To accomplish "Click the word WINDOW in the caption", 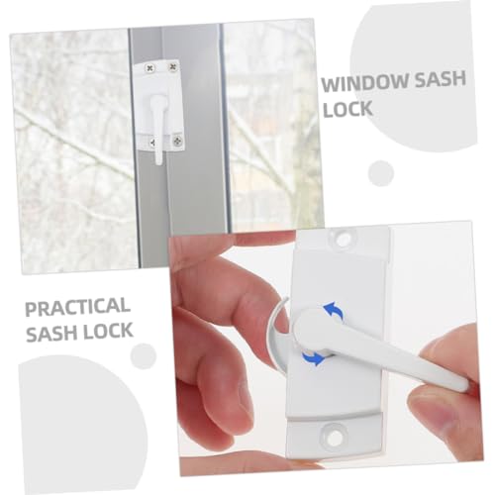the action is pos(365,83).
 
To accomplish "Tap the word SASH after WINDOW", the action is pos(440,80).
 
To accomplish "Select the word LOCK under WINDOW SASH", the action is pos(347,109).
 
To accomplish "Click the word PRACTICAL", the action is pos(77,307).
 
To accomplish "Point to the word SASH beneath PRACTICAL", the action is pos(51,333).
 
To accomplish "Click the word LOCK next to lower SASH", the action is pos(108,331).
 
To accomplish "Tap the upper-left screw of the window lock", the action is pos(150,68).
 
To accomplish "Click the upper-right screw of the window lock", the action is pos(172,67).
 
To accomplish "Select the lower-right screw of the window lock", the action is pos(178,142).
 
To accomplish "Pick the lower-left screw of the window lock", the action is pos(152,143).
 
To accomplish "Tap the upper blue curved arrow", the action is pos(334,310).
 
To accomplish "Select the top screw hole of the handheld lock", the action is pos(343,238).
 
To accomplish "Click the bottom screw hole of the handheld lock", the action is pos(334,437).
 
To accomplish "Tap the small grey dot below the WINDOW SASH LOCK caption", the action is pos(381,173).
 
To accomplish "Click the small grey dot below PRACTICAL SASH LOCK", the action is pos(143,356).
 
